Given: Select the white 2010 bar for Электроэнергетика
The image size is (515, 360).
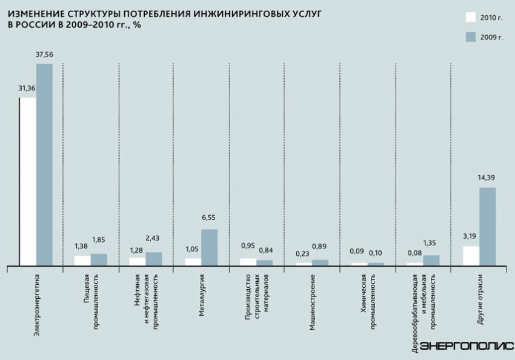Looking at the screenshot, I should [28, 181].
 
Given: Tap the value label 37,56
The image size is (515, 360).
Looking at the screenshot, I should [44, 55].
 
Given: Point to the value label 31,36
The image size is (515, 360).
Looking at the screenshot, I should [27, 88].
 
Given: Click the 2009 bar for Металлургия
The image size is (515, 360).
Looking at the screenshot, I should [209, 247].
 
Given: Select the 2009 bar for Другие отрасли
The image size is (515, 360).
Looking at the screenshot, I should [488, 227].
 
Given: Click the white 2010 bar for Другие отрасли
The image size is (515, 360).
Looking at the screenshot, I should [471, 256].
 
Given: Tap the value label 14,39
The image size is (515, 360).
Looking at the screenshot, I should [487, 178].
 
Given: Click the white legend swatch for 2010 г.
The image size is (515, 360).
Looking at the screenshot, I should [471, 17].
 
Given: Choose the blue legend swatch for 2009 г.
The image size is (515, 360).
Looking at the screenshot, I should [471, 37].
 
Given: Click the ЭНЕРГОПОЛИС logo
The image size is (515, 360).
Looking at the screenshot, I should [467, 346].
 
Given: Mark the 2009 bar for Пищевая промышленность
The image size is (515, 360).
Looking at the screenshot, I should [99, 259].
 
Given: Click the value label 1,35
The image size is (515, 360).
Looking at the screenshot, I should [431, 246].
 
